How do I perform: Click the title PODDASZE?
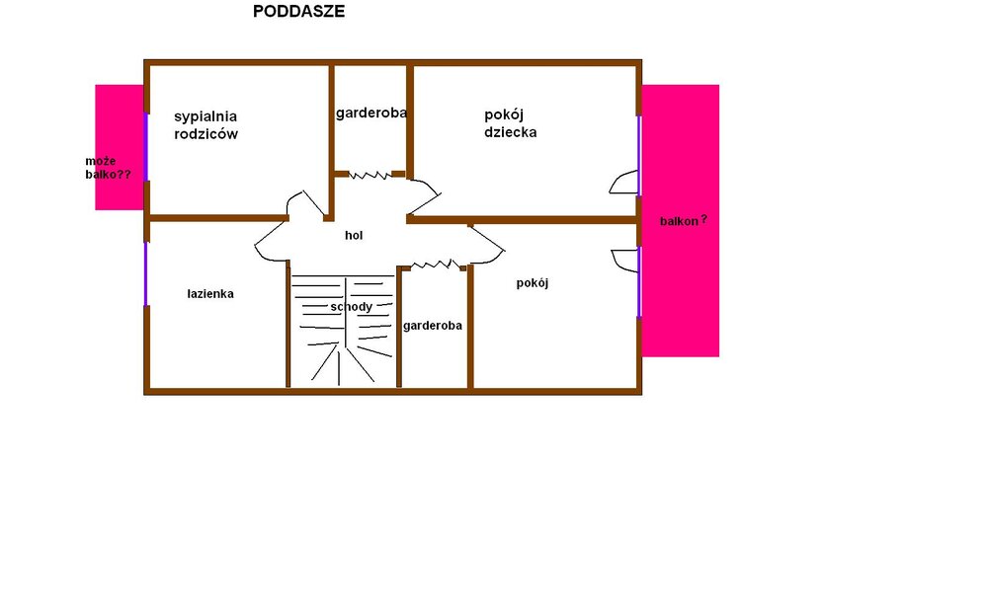pos(298,11)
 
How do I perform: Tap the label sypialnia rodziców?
pos(206,124)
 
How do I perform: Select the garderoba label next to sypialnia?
pos(371,113)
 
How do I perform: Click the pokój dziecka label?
pos(511,123)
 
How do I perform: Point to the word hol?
pos(354,235)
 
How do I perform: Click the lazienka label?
pos(210,294)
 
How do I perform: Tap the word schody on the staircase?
pos(351,307)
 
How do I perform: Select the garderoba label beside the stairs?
pos(433,326)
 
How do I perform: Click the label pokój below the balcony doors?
pos(533,283)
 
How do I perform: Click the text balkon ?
pos(684,221)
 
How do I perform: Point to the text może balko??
pos(108,168)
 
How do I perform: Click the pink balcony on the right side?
pos(681,221)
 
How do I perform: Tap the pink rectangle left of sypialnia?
pos(120,147)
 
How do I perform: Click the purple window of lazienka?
pos(146,273)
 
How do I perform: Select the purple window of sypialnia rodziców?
pos(146,147)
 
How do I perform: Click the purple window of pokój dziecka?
pos(639,156)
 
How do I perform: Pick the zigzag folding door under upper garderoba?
pos(370,175)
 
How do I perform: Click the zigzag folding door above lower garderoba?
pos(436,265)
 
